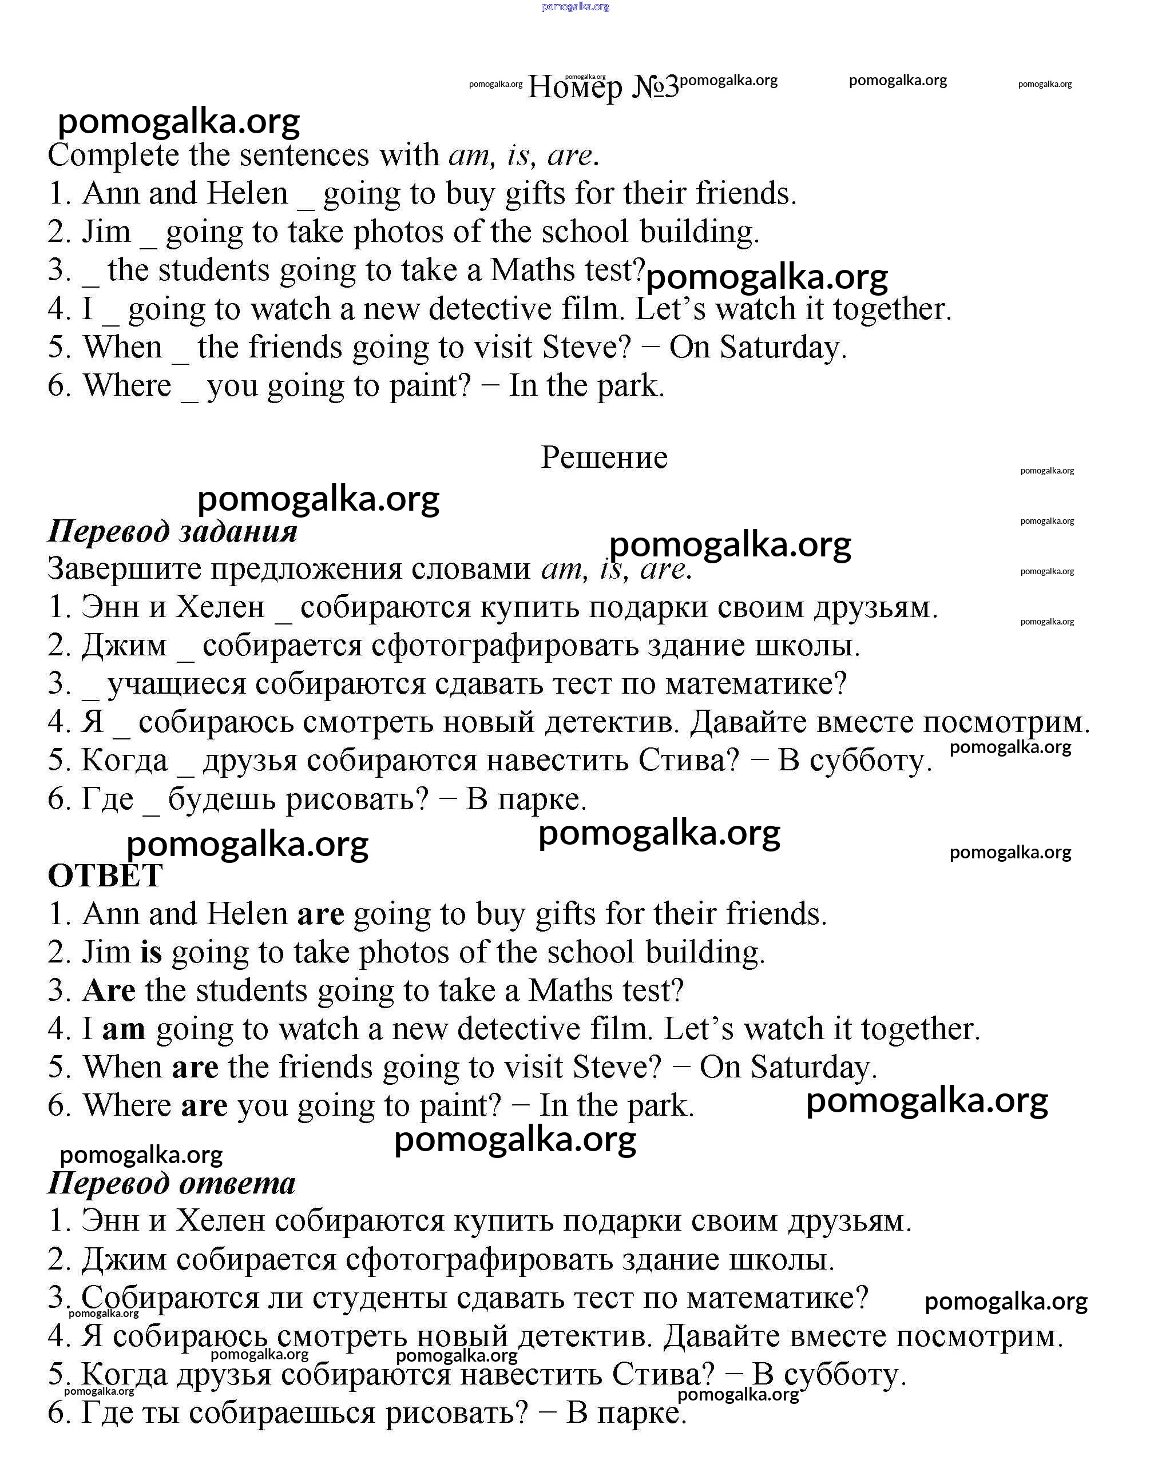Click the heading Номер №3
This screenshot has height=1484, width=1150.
603,87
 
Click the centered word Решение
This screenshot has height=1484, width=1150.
604,457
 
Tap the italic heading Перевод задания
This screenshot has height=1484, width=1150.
173,531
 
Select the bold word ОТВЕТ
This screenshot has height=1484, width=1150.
105,876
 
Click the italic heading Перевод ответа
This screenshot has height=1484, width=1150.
172,1183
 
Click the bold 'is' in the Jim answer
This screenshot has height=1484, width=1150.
151,952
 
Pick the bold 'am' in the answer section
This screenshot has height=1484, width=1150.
124,1029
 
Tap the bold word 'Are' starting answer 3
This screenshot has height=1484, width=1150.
109,990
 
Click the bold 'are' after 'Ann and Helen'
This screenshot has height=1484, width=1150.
321,914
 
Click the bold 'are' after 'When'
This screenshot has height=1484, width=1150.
195,1068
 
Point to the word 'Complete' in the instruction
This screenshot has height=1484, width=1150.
113,156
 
